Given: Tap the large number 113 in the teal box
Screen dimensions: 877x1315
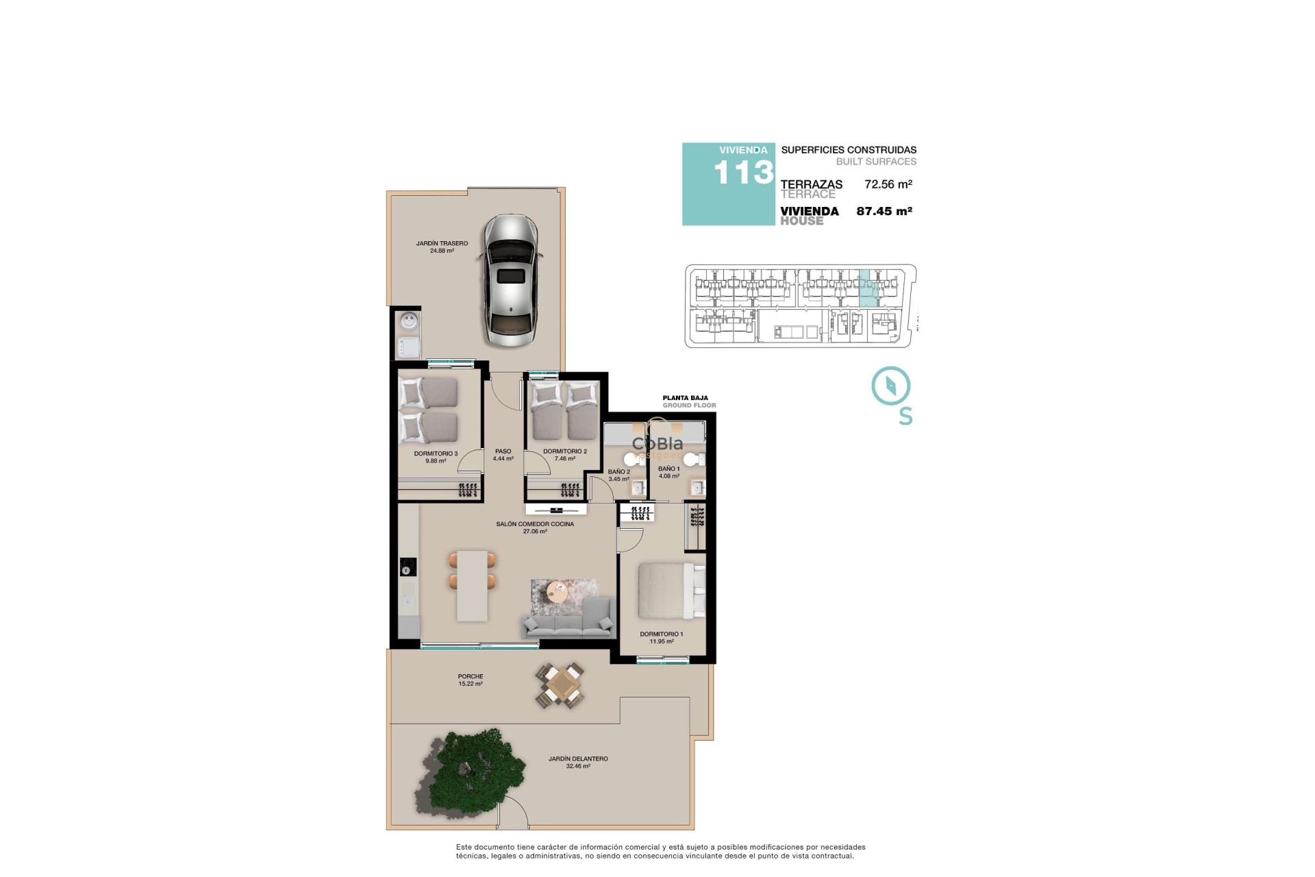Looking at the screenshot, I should point(743,173).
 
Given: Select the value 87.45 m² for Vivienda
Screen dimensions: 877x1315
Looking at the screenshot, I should point(884,211).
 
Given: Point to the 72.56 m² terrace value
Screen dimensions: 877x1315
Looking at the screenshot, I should point(888,184).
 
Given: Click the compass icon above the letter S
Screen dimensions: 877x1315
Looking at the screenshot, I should point(890,386).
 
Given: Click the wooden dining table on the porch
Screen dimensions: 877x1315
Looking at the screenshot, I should point(561,685).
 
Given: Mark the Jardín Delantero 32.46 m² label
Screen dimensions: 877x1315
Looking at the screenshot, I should point(577,762).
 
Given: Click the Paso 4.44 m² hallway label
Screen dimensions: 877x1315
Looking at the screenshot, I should point(503,455).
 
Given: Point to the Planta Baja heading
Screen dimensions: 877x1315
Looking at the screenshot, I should point(685,397).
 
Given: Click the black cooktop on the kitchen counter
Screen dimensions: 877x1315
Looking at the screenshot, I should point(408,567).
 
